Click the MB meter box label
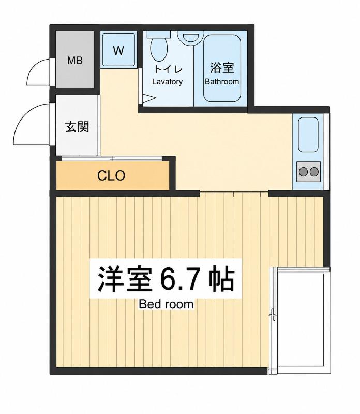pos(74,61)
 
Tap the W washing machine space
pos(118,50)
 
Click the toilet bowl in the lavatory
pos(159,49)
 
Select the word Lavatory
pos(168,82)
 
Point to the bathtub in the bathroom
pos(222,68)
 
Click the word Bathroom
pos(222,82)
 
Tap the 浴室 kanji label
pos(222,68)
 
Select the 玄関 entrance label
pos(77,127)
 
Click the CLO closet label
pos(111,175)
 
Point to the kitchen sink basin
pos(308,135)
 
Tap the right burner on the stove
pos(314,172)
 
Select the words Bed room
pos(166,304)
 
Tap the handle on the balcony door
pos(273,315)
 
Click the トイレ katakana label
pos(168,69)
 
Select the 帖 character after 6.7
pos(222,279)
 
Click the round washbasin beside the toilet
pos(190,37)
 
